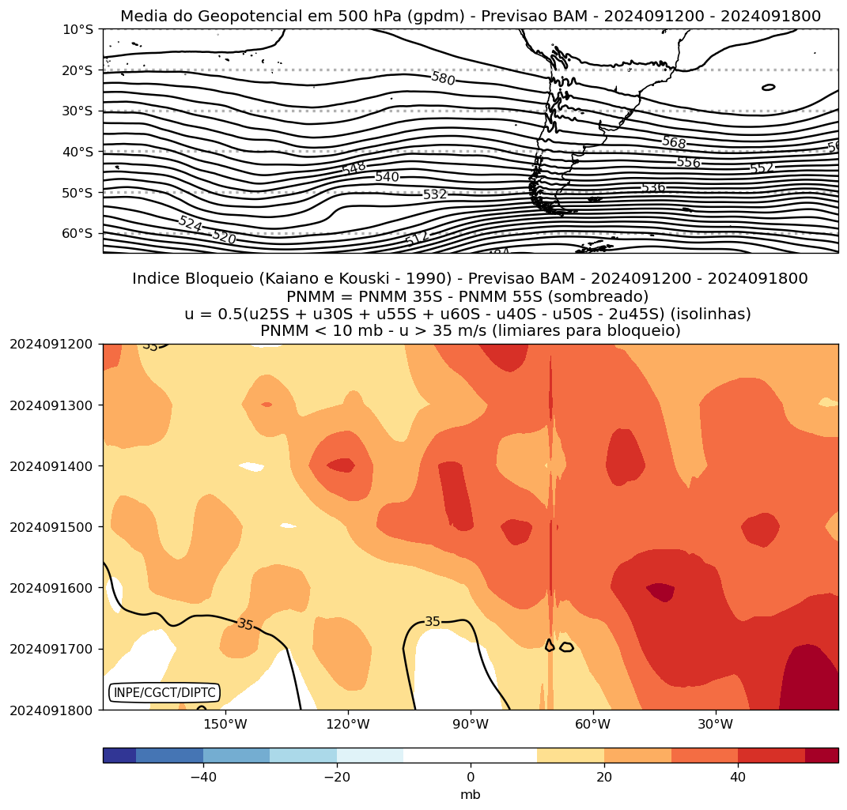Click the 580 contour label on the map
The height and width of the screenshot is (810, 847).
(443, 78)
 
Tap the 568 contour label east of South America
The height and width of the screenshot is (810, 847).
(674, 143)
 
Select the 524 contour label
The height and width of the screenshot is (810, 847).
(190, 224)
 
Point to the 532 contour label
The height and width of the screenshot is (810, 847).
(435, 194)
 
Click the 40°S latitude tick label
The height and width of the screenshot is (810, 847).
(78, 151)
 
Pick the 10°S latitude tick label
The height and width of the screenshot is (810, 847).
(78, 29)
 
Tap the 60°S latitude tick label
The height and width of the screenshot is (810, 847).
(78, 233)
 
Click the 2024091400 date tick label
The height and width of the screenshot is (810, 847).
(51, 466)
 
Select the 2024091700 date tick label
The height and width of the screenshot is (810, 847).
(51, 649)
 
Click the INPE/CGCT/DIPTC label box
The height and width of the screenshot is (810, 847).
(164, 693)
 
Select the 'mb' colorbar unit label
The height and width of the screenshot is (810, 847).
(471, 795)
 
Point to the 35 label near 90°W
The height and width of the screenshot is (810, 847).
(433, 622)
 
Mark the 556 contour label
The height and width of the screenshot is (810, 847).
(688, 162)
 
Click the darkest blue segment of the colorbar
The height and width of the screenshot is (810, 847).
(119, 755)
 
